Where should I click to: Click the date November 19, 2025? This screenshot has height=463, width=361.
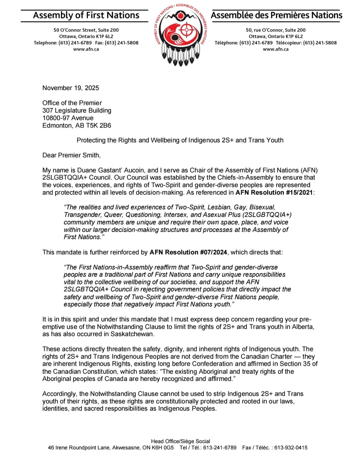[x=71, y=88]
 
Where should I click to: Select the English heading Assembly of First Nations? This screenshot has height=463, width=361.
[x=86, y=15]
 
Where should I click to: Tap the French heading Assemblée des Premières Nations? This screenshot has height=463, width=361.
[x=276, y=15]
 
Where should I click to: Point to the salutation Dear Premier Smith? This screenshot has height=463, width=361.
[x=71, y=155]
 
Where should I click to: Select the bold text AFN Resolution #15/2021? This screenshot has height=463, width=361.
[x=274, y=193]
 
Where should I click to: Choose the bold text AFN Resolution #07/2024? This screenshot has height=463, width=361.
[x=188, y=252]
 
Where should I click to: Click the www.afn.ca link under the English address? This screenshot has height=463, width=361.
[x=86, y=49]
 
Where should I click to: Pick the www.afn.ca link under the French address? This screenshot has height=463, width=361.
[x=276, y=49]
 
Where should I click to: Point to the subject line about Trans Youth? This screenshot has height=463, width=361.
[x=180, y=140]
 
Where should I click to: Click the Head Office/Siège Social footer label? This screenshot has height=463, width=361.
[x=180, y=441]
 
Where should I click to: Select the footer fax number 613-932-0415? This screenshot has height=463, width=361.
[x=291, y=448]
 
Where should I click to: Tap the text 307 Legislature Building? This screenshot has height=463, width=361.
[x=77, y=111]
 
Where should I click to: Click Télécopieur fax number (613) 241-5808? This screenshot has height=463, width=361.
[x=320, y=43]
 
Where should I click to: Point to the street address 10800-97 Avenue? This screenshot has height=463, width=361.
[x=68, y=118]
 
